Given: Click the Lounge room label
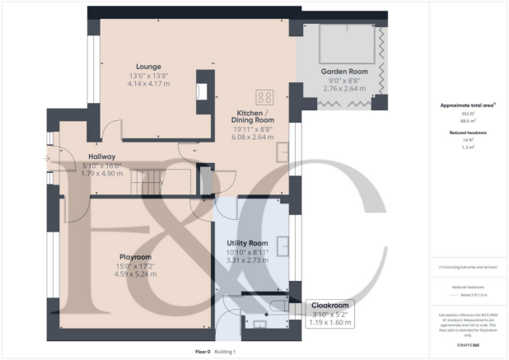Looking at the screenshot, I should click(x=149, y=67).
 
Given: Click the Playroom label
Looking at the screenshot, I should click(x=137, y=256).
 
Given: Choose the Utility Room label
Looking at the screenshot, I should click(x=248, y=244).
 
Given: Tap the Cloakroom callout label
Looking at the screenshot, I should click(x=329, y=305).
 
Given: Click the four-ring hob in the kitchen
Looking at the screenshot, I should click(x=266, y=95).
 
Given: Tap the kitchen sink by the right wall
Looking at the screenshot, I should click(x=282, y=152).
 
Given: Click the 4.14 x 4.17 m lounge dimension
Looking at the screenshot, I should click(x=149, y=83).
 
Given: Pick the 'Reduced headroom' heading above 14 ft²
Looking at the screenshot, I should click(x=467, y=132).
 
